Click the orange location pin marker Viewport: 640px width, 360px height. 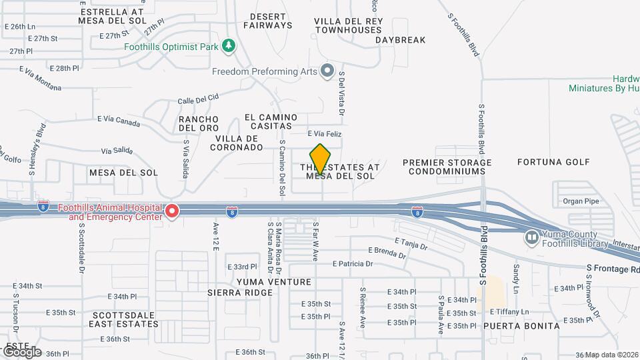(x=321, y=159)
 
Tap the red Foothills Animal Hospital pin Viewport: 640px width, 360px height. (x=171, y=211)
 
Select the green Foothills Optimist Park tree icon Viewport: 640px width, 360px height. (x=229, y=45)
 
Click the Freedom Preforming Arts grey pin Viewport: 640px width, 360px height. (x=327, y=70)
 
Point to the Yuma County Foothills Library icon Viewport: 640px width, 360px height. (x=531, y=237)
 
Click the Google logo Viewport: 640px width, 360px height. (x=21, y=351)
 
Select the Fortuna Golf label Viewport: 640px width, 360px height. (x=553, y=162)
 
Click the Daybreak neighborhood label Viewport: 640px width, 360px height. (x=400, y=40)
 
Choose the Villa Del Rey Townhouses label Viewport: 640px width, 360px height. (x=349, y=25)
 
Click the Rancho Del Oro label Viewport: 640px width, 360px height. (x=199, y=123)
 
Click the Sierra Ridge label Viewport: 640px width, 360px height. (x=240, y=293)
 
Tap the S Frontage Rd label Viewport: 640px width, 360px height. (x=612, y=268)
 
